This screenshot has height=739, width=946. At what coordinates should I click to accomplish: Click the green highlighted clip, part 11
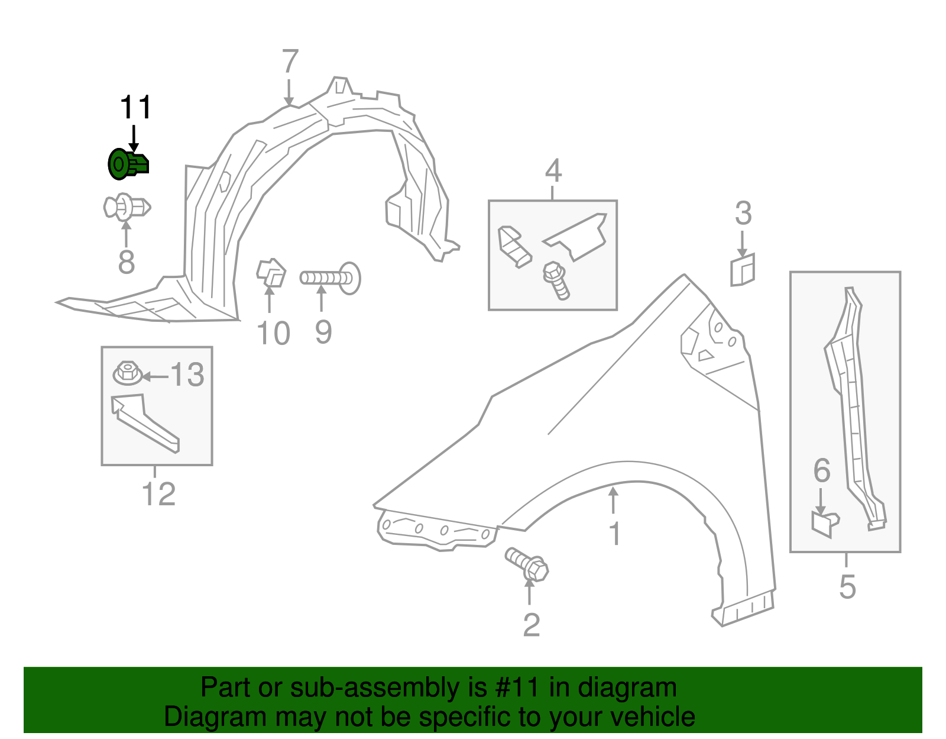tap(127, 164)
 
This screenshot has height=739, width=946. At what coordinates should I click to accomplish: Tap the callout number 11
tap(135, 108)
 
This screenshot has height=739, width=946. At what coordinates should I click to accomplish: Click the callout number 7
tap(290, 61)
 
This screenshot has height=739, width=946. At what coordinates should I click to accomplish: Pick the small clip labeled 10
tap(271, 273)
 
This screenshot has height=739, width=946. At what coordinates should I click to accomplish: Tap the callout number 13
tap(187, 375)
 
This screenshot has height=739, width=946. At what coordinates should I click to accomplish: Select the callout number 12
tap(158, 494)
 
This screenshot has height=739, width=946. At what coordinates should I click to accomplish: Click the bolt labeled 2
tap(527, 564)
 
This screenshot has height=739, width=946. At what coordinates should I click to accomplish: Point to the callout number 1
tap(615, 534)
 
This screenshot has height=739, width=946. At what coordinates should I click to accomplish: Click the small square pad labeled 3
tap(743, 270)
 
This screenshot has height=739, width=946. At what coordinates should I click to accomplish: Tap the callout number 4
tap(553, 171)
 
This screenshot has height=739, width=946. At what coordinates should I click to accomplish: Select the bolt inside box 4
tap(556, 280)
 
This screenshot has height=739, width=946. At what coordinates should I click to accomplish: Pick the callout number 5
tap(847, 586)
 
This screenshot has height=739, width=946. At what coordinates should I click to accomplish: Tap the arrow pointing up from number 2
tap(530, 592)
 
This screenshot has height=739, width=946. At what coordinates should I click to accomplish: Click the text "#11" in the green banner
tap(514, 688)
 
